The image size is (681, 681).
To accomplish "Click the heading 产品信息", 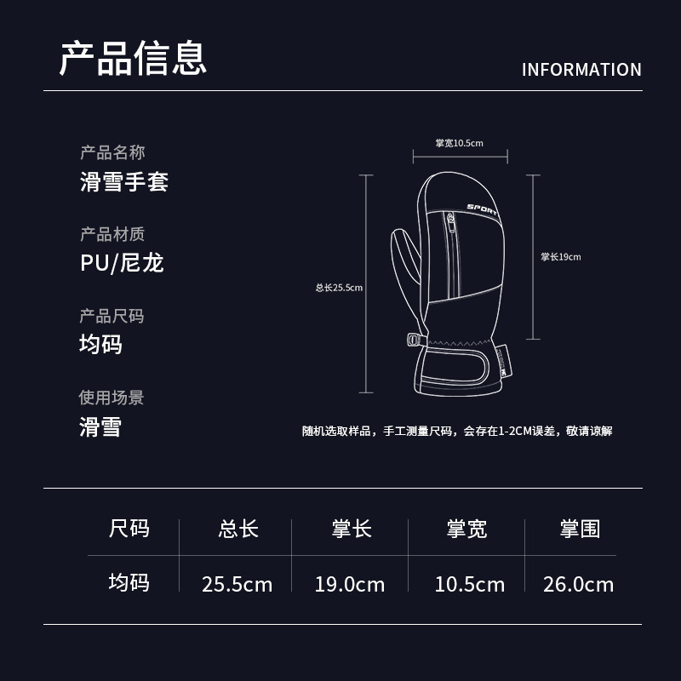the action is [133, 57].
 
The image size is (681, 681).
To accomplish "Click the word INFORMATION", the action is [581, 70].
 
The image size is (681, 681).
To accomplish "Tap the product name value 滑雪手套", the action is [124, 181].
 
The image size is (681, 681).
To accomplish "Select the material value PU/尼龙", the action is [122, 262].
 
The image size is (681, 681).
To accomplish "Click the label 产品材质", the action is [112, 234].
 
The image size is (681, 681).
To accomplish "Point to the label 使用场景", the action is [112, 398].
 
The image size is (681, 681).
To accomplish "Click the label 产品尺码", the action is [112, 316].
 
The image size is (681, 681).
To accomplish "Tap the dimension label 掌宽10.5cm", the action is [459, 143].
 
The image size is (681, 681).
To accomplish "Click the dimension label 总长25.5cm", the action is [339, 288].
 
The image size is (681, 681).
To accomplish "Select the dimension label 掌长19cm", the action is [561, 257].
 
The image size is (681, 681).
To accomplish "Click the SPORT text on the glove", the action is [483, 209].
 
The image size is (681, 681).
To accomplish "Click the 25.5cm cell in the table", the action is [237, 584].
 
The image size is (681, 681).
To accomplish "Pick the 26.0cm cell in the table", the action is [579, 584].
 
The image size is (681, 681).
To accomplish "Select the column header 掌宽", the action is [466, 529].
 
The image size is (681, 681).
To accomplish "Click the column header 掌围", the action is [580, 529].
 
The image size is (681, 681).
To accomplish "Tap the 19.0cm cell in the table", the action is [349, 584].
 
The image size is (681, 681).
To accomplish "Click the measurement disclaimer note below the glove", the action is [456, 431].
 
